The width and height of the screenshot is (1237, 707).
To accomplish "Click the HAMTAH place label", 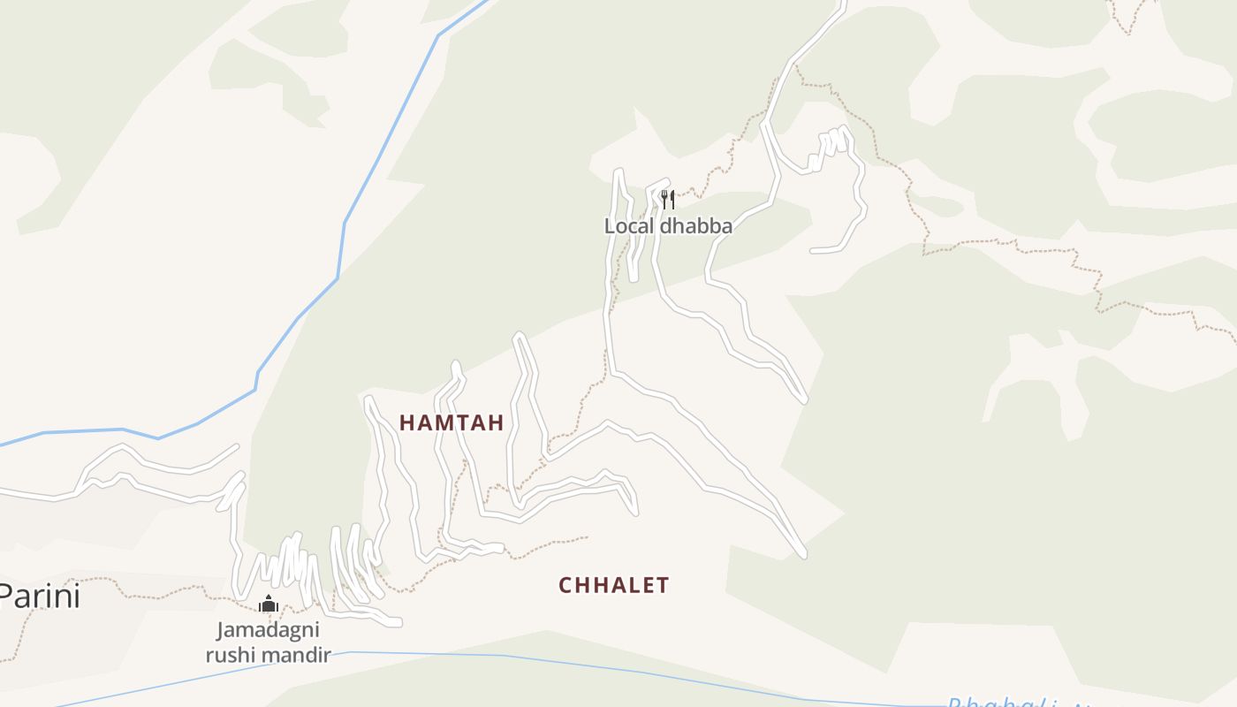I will pyautogui.click(x=452, y=422).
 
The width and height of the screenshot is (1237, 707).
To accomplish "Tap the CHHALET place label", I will pyautogui.click(x=614, y=585).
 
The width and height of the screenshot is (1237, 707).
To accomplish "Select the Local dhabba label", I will pyautogui.click(x=668, y=226).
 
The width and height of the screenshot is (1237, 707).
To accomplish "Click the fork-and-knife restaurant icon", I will pyautogui.click(x=668, y=199).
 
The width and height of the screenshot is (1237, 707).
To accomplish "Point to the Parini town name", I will pyautogui.click(x=39, y=596).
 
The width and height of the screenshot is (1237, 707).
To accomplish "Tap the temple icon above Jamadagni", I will pyautogui.click(x=269, y=604).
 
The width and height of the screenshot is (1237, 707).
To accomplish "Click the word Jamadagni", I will pyautogui.click(x=268, y=631).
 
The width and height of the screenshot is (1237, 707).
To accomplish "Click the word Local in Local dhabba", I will pyautogui.click(x=626, y=226).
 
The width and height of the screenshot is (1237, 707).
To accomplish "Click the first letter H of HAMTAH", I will pyautogui.click(x=406, y=422).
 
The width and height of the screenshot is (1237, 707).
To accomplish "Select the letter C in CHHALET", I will pyautogui.click(x=566, y=585).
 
